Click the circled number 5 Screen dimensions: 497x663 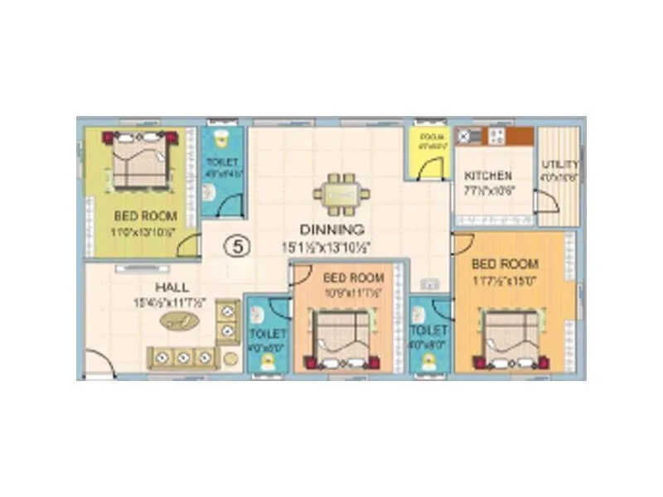(239, 246)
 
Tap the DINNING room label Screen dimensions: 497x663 (331, 229)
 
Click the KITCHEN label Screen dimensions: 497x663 (487, 176)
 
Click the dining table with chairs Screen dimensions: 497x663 (341, 194)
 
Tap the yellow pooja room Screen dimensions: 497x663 (428, 154)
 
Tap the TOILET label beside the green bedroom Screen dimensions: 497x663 (222, 162)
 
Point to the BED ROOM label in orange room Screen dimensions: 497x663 (504, 264)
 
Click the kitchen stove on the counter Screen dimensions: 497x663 (497, 137)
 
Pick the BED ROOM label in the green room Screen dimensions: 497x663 (145, 216)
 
